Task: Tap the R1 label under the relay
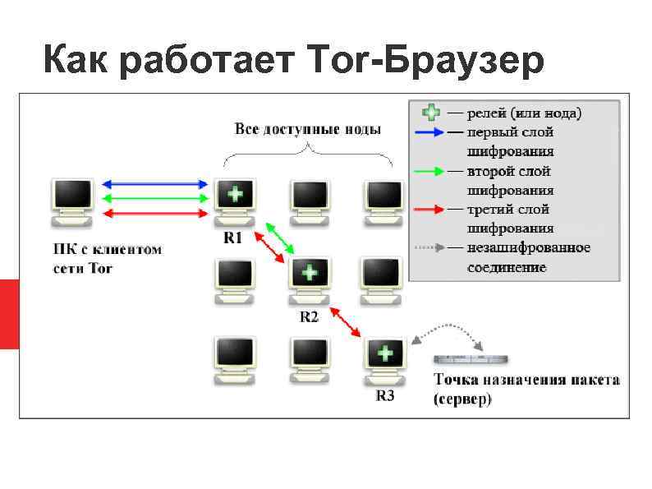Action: point(232,238)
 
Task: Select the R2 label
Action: point(308,316)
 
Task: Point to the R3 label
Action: point(384,395)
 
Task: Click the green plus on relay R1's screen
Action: point(234,195)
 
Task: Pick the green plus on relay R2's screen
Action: point(309,271)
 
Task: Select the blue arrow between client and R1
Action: point(155,184)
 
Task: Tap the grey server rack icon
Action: point(471,360)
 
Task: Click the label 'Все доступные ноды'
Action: point(307,129)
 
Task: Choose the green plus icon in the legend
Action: point(430,112)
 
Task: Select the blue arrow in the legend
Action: point(432,131)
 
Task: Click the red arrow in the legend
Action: point(432,209)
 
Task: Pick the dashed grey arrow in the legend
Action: point(432,247)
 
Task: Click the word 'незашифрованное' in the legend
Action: point(529,247)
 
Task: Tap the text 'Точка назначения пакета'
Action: point(526,381)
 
